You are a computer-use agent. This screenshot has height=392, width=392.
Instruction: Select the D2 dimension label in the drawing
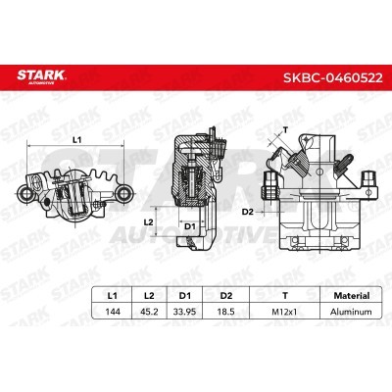(249, 212)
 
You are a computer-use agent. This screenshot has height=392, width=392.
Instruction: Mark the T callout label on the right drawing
(284, 128)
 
